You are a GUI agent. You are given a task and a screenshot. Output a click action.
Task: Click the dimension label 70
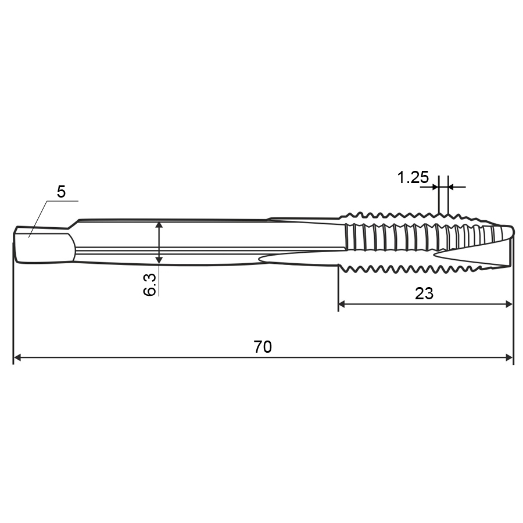click(x=263, y=347)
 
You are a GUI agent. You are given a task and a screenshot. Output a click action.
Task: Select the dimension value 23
click(x=424, y=293)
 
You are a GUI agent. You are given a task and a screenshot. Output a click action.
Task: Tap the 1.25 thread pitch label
click(x=413, y=177)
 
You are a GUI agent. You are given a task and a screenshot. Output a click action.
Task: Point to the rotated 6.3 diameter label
click(x=149, y=284)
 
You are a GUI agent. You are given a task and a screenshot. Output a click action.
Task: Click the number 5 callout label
click(x=62, y=192)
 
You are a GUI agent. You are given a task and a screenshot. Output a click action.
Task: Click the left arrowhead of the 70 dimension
click(x=17, y=357)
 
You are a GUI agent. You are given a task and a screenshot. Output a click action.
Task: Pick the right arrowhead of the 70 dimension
click(x=509, y=357)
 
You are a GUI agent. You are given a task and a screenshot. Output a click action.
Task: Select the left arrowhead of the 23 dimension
click(x=342, y=304)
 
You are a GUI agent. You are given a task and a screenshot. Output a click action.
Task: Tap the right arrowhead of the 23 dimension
click(x=508, y=304)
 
